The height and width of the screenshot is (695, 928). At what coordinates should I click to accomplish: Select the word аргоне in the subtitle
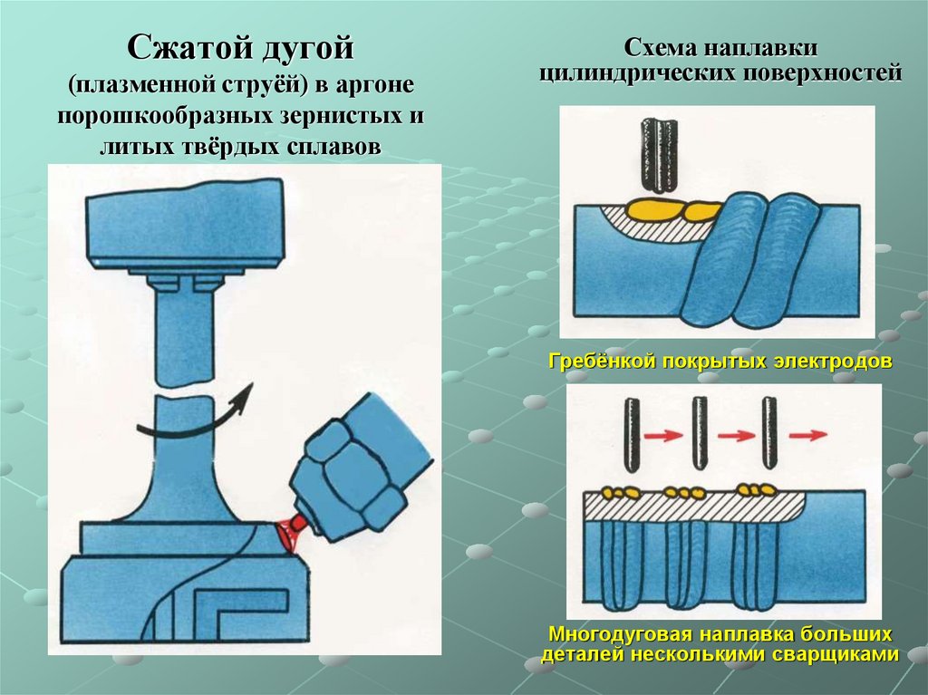pyautogui.click(x=374, y=85)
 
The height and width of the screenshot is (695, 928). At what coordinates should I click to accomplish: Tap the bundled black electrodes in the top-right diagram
pyautogui.click(x=659, y=155)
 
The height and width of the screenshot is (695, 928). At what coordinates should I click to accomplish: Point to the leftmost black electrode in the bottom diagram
pyautogui.click(x=632, y=435)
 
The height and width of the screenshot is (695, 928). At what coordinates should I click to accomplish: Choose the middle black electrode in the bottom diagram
pyautogui.click(x=701, y=434)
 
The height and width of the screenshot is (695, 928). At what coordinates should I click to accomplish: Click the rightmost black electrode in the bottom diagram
pyautogui.click(x=768, y=433)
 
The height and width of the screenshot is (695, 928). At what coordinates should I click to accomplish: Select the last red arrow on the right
pyautogui.click(x=807, y=435)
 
